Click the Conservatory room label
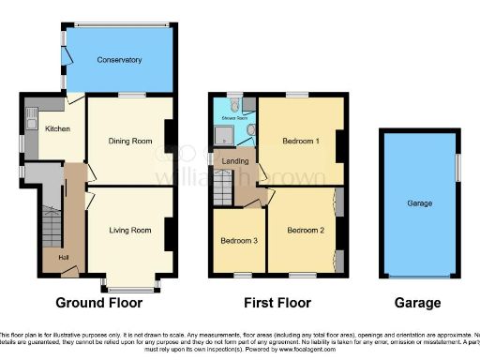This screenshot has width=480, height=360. pos(119,60)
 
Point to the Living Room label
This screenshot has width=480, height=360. pos(129,230)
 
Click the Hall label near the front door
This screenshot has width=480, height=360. pos(64,258)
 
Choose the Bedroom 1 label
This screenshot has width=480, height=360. pos(302,141)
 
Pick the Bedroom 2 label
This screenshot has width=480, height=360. pos(306,230)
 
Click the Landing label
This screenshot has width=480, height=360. pos(235,161)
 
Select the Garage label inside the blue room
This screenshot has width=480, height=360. pos(419,202)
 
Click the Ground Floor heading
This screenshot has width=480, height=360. pos(99,303)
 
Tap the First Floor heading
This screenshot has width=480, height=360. pos(277,303)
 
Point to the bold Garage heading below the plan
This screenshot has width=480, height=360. pos(417,303)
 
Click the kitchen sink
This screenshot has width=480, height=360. pos(31,119)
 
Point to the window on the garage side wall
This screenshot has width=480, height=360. pos(458,171)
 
